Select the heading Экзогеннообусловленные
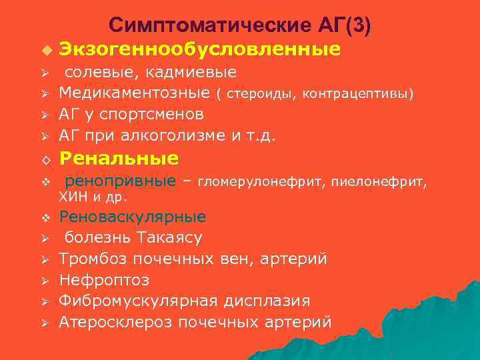[x=199, y=49]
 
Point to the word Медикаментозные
[x=135, y=93]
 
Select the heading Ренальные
[x=119, y=159]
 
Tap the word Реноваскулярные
[x=133, y=217]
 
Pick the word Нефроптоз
[x=104, y=279]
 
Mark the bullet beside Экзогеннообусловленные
[x=45, y=51]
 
